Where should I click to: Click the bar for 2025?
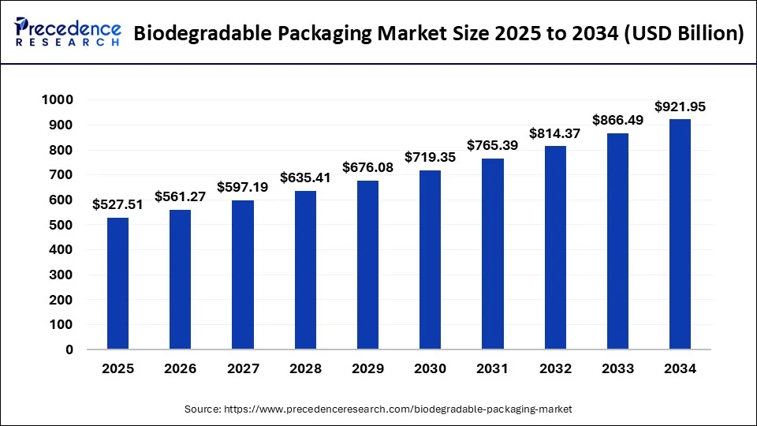point(117,283)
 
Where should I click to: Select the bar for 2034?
point(680,234)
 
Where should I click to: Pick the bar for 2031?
point(492,254)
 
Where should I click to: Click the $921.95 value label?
point(680,106)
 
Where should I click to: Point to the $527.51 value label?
point(117,204)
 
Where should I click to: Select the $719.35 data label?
point(430,157)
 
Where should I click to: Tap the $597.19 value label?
point(242,187)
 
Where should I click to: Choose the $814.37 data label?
point(554,133)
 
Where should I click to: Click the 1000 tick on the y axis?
point(56,100)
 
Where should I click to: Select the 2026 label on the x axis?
point(180,368)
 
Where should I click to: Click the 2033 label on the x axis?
point(617,368)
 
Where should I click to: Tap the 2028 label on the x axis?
point(305,368)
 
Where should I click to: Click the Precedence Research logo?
point(68,32)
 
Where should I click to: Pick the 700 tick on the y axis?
point(60,175)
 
